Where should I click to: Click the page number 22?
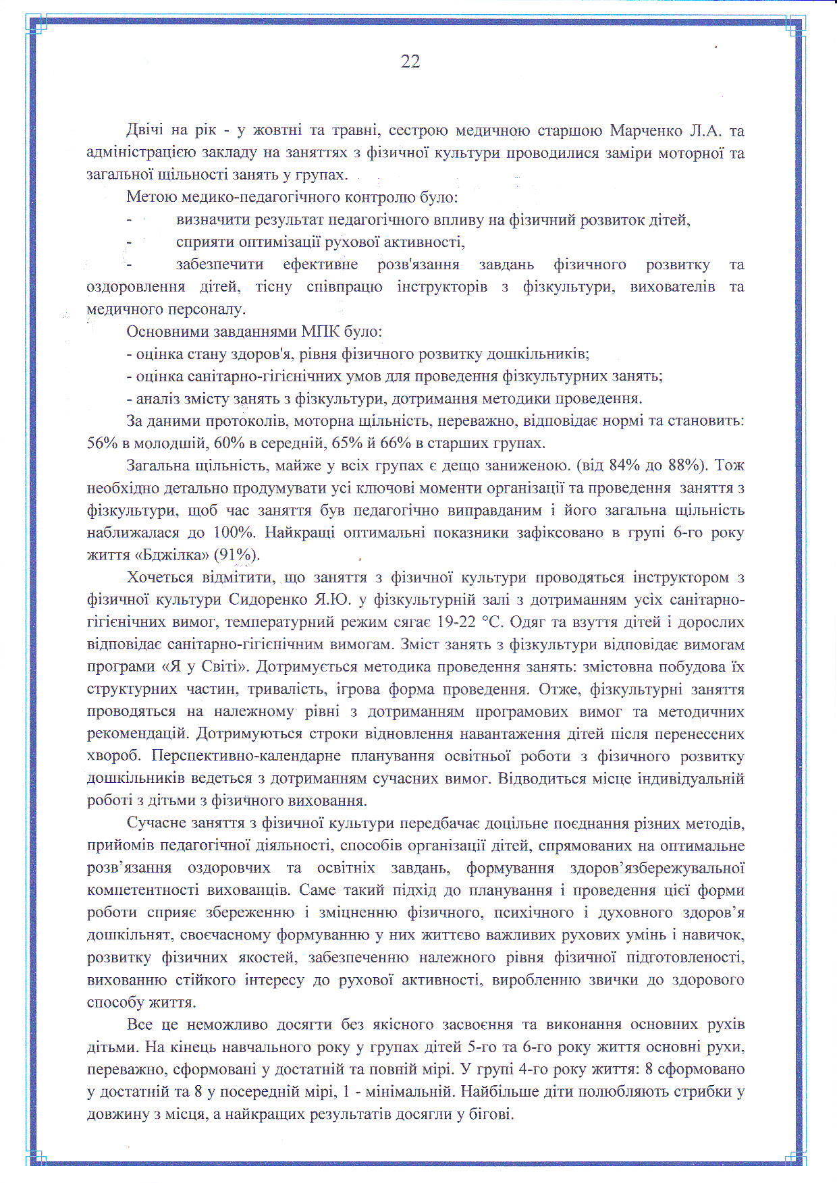410,62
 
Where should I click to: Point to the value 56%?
102,443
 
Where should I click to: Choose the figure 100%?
234,532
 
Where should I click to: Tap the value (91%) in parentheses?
236,555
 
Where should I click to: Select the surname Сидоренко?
268,599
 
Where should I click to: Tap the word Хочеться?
160,577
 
